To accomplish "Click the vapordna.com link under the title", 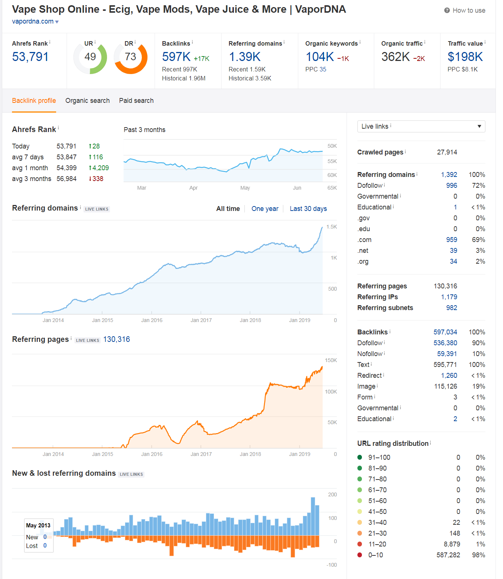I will coord(33,21).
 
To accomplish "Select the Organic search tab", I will coord(88,101).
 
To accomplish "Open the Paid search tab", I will coord(136,101).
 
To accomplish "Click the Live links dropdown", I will coord(421,126).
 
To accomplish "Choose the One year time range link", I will coord(265,209).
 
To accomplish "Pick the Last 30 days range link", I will coord(308,209).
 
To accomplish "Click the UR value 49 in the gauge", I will coord(90,57).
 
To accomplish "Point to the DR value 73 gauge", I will coord(131,57).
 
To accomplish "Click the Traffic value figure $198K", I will coord(465,57).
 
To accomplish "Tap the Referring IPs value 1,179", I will coord(449,297).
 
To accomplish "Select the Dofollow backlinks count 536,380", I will coord(445,343).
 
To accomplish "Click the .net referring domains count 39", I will coord(453,251).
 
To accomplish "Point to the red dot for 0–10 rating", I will coord(360,555).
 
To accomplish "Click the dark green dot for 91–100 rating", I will coord(360,457).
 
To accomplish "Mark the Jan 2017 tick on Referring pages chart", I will coord(201,454).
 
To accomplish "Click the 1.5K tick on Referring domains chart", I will coord(332,227).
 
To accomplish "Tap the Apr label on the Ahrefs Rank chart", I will coord(193,188).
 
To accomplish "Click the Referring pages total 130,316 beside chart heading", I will coord(117,339).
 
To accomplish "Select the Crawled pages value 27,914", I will coord(447,152).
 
